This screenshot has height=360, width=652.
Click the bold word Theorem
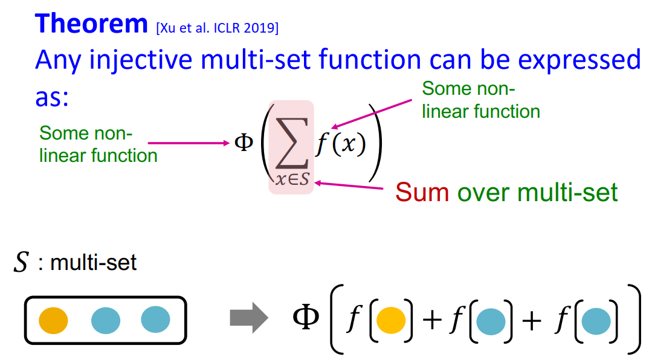pyautogui.click(x=91, y=24)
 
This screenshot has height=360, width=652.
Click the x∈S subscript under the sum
pyautogui.click(x=291, y=180)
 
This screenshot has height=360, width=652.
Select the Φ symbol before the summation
pyautogui.click(x=243, y=144)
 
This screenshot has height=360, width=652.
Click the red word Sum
pyautogui.click(x=422, y=193)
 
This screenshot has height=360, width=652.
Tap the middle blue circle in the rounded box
pyautogui.click(x=106, y=320)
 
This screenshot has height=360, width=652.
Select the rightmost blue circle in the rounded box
pyautogui.click(x=155, y=320)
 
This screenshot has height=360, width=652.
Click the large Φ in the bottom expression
pyautogui.click(x=306, y=318)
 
